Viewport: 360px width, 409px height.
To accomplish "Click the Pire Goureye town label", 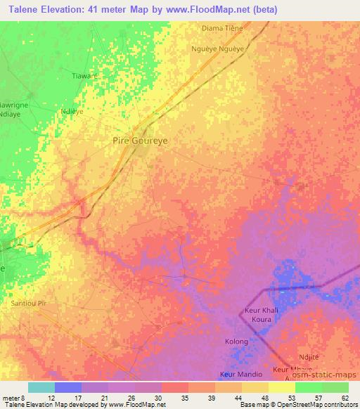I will coord(141,141).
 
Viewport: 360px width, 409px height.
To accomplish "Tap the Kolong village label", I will coord(237,342).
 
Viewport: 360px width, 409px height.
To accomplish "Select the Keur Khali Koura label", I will coord(262,314).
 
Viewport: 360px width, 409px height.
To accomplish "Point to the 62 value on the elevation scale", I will coord(345,397).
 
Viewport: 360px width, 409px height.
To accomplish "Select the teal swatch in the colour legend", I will coord(41,387).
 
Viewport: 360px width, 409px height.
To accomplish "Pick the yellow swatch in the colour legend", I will coord(282,387).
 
